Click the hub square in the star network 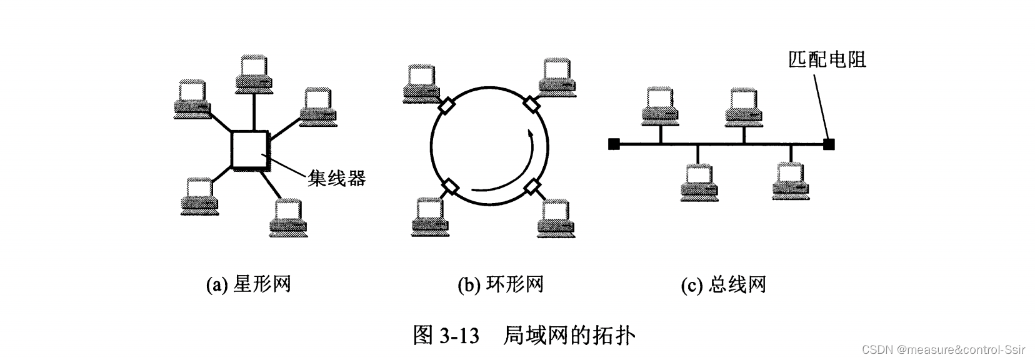pos(250,149)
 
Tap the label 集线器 pos(336,179)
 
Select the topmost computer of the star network pos(255,74)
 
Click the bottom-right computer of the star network pos(289,217)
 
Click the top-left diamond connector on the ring pos(447,105)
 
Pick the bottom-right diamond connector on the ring pos(532,186)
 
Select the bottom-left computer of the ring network pos(428,217)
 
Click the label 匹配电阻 pos(827,60)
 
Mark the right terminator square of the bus pos(829,144)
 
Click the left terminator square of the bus pos(613,144)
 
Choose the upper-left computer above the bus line pos(660,104)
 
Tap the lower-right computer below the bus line pos(790,181)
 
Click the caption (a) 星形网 pos(249,285)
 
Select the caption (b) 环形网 pos(500,285)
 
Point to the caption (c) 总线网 pos(723,285)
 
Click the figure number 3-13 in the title pos(459,336)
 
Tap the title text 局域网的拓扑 pos(569,336)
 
